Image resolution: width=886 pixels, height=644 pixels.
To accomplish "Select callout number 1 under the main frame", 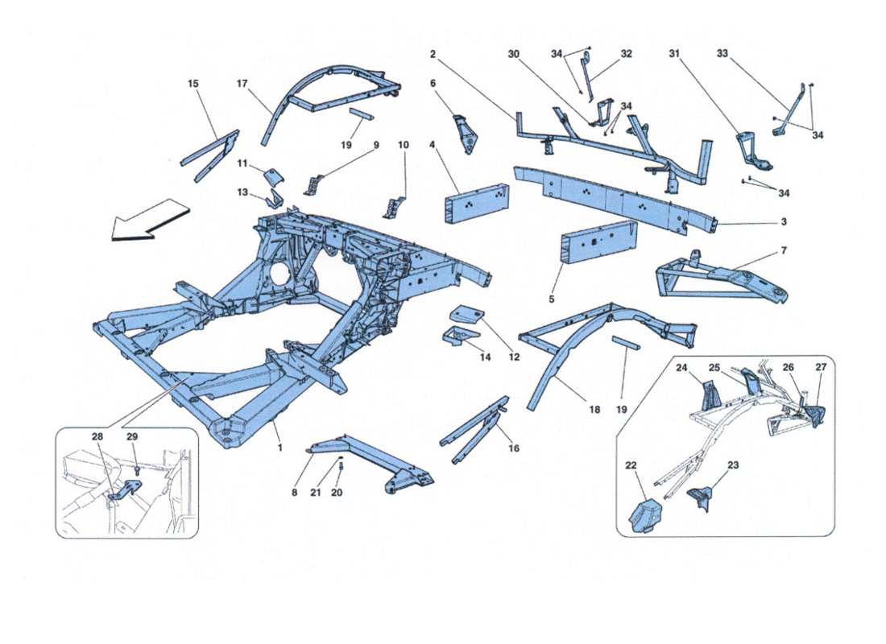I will point(280,447).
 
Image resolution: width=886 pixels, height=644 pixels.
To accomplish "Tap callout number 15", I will point(193,83).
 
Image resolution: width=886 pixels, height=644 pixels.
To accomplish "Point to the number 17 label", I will point(242,83).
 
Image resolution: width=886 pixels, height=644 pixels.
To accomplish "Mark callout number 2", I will point(433,54).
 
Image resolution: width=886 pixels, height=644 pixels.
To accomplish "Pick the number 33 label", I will point(722,54).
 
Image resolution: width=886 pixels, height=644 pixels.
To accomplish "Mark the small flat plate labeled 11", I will point(274,176).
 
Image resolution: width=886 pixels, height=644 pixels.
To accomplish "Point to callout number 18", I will point(594,410).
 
